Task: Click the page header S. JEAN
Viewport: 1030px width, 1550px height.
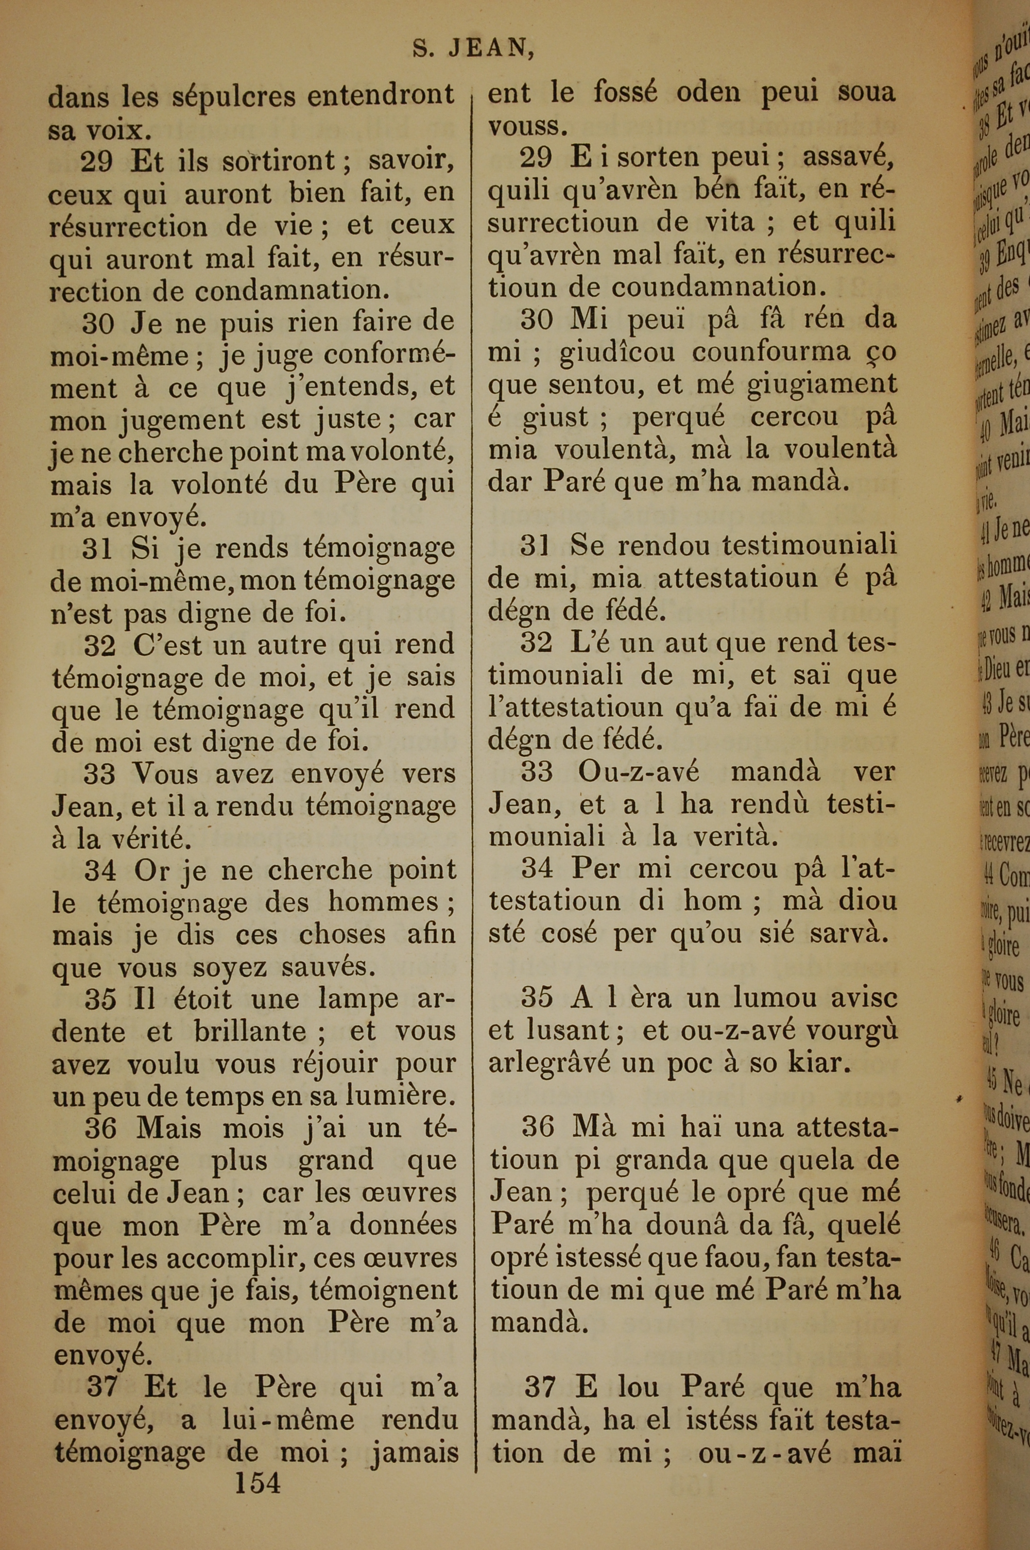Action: click(x=472, y=50)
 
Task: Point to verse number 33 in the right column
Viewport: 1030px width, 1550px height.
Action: click(x=537, y=771)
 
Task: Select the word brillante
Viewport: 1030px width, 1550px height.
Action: click(x=250, y=1032)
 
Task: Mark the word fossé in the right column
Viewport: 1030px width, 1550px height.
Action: click(x=625, y=93)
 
